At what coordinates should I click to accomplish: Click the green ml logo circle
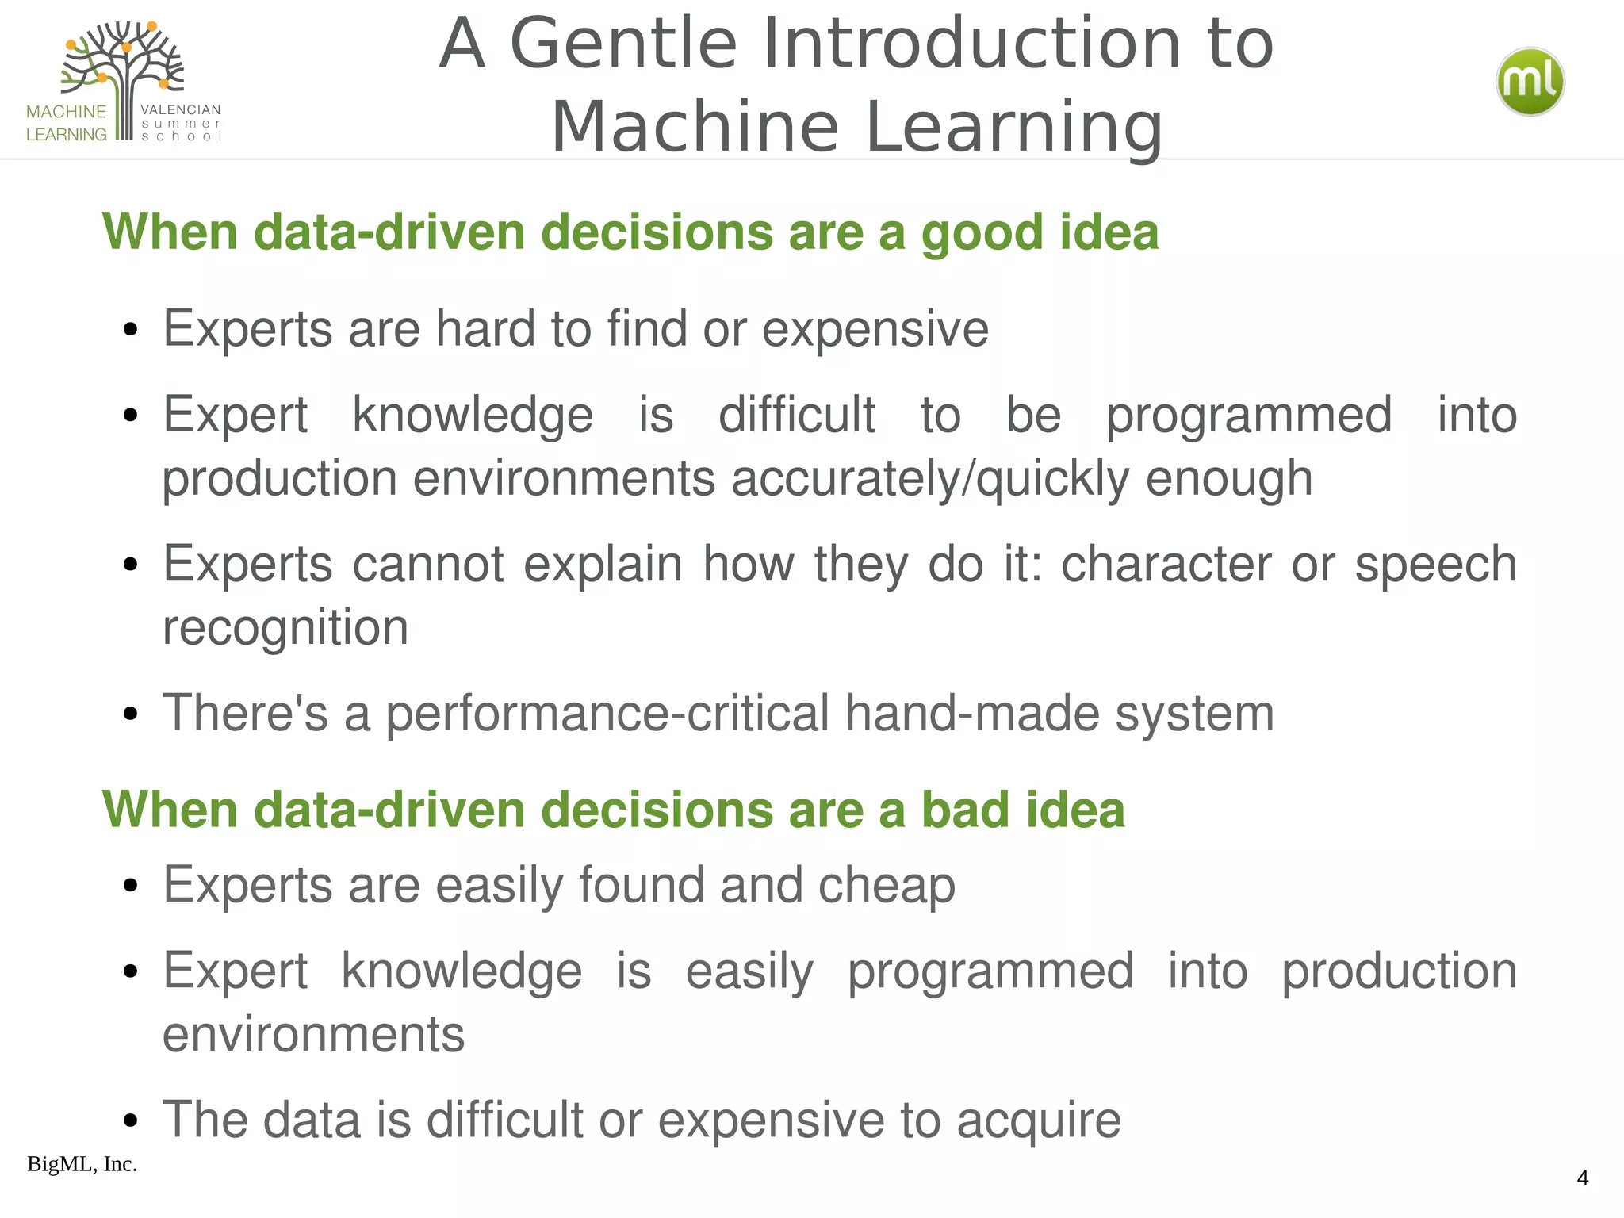point(1530,82)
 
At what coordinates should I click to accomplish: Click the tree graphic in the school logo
point(123,71)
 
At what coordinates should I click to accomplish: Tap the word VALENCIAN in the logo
point(180,109)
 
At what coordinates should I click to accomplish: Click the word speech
point(1434,564)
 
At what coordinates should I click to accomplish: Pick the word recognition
point(285,627)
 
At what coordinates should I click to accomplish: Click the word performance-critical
point(607,713)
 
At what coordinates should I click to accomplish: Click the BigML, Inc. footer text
point(82,1164)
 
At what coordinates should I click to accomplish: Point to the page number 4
point(1582,1178)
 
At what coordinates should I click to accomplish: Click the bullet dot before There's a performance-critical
point(131,714)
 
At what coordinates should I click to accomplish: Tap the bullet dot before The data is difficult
point(131,1121)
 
